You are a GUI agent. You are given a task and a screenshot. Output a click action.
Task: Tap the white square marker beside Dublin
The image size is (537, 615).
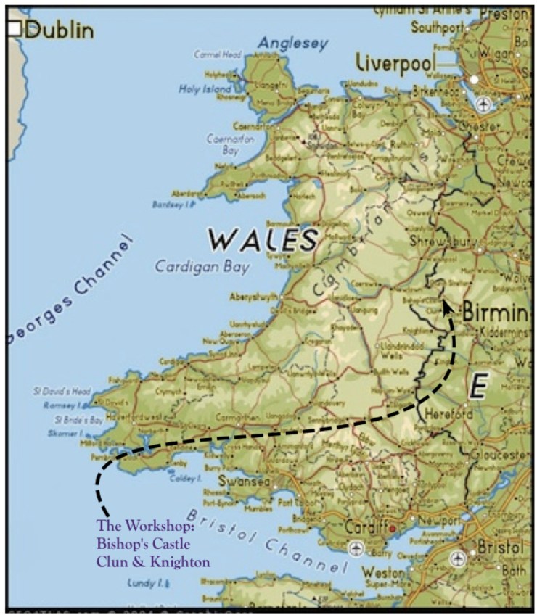click(x=15, y=29)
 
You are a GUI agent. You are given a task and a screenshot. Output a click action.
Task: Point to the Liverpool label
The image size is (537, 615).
click(x=395, y=63)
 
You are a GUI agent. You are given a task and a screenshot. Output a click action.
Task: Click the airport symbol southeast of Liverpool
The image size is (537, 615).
click(x=483, y=105)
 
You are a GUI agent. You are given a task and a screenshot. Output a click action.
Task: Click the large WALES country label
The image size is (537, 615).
click(x=263, y=239)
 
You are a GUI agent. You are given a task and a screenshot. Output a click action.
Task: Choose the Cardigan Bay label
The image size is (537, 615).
click(x=202, y=266)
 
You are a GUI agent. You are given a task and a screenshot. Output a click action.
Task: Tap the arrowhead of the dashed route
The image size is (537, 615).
click(x=448, y=307)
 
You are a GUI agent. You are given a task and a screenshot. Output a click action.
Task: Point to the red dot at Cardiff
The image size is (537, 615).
click(x=393, y=529)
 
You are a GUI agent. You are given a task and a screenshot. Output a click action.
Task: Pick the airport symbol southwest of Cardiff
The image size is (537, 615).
click(x=356, y=548)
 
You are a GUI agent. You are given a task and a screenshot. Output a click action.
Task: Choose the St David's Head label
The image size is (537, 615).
click(x=61, y=390)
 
